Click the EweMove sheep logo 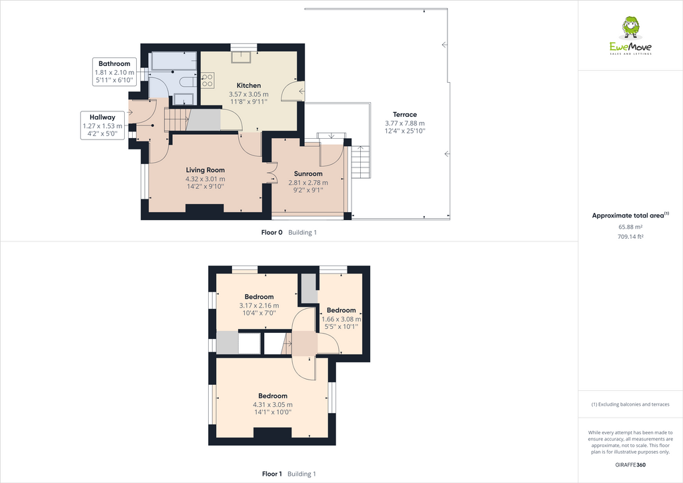(630, 28)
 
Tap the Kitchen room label (249, 85)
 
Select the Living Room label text (205, 170)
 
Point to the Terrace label (404, 115)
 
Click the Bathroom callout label (114, 64)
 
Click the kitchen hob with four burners (207, 81)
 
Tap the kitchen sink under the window (241, 57)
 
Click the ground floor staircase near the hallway (178, 119)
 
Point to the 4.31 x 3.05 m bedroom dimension (273, 404)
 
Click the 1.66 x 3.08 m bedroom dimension (341, 319)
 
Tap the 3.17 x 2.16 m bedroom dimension (259, 306)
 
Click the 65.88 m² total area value (630, 227)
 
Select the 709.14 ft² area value (630, 236)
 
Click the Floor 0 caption (271, 232)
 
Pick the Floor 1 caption (272, 474)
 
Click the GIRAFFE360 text (630, 465)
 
